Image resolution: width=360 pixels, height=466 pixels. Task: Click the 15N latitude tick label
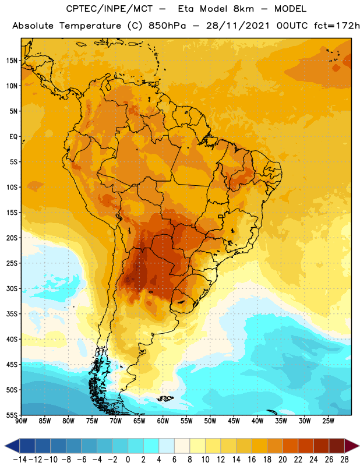[x=11, y=61]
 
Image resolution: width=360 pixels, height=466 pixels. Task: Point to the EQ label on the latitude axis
[x=13, y=137]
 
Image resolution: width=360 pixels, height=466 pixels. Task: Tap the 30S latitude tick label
[x=11, y=288]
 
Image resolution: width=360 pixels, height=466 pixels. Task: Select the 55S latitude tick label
[x=11, y=415]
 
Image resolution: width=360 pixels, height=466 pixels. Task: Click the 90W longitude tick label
[x=21, y=421]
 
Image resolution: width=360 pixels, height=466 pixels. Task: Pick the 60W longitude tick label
[x=163, y=421]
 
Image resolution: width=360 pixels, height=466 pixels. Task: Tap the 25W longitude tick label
[x=328, y=421]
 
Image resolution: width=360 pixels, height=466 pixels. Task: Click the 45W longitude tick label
[x=234, y=421]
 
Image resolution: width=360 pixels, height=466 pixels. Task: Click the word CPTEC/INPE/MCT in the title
[x=110, y=9]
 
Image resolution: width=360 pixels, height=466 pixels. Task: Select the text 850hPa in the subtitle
[x=167, y=26]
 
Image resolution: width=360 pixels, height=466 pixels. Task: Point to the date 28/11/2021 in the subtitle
[x=238, y=26]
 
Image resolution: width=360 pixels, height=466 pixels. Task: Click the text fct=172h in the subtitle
[x=337, y=26]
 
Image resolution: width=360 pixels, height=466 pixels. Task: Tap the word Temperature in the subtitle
[x=90, y=26]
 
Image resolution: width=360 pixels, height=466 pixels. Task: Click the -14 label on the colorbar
[x=20, y=460]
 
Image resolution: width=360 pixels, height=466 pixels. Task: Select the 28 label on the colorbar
[x=344, y=460]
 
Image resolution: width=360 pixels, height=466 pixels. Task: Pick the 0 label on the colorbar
[x=128, y=460]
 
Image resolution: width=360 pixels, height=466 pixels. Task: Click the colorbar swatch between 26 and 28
[x=337, y=446]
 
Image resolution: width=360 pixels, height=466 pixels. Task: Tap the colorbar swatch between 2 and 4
[x=151, y=446]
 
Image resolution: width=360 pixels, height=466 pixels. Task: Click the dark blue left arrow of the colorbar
[x=12, y=446]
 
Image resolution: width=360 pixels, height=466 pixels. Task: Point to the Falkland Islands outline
[x=165, y=398]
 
